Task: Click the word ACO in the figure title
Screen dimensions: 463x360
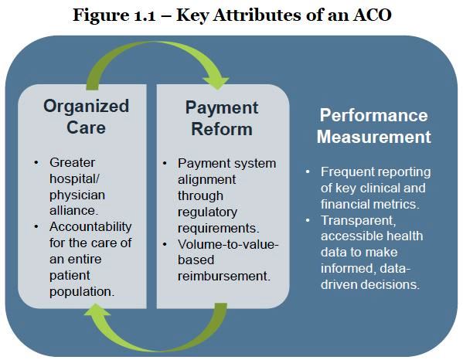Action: (x=372, y=15)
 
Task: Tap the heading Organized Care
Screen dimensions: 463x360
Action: (x=86, y=117)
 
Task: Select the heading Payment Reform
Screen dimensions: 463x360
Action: (x=222, y=118)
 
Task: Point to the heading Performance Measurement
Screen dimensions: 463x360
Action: (x=374, y=126)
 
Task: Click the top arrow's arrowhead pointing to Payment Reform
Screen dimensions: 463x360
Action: (x=216, y=83)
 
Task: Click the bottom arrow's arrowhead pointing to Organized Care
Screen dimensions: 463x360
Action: (x=97, y=309)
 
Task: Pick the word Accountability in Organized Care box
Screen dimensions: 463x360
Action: (x=90, y=227)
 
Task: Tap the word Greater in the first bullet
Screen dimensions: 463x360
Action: (x=72, y=162)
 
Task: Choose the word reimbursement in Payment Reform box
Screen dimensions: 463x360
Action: (x=224, y=277)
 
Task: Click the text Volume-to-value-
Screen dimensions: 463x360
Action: (x=228, y=244)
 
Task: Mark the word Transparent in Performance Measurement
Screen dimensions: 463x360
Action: (x=358, y=221)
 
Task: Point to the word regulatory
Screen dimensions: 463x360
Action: (x=207, y=212)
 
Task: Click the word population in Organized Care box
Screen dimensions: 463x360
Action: (x=81, y=292)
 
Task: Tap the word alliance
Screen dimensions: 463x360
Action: (x=73, y=211)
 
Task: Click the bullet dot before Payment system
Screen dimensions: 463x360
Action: (x=165, y=163)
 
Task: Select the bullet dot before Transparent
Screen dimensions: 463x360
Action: (x=308, y=220)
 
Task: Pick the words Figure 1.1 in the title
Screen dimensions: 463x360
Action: (x=114, y=15)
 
